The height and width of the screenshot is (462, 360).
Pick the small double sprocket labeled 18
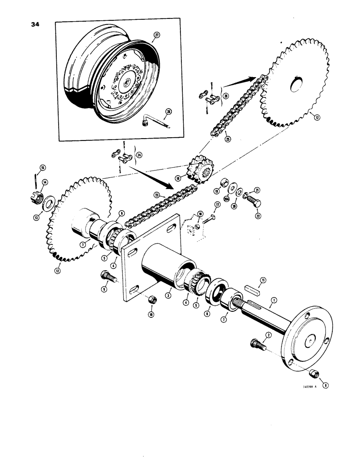tap(202, 173)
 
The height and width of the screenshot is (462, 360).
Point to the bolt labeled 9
tap(106, 279)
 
